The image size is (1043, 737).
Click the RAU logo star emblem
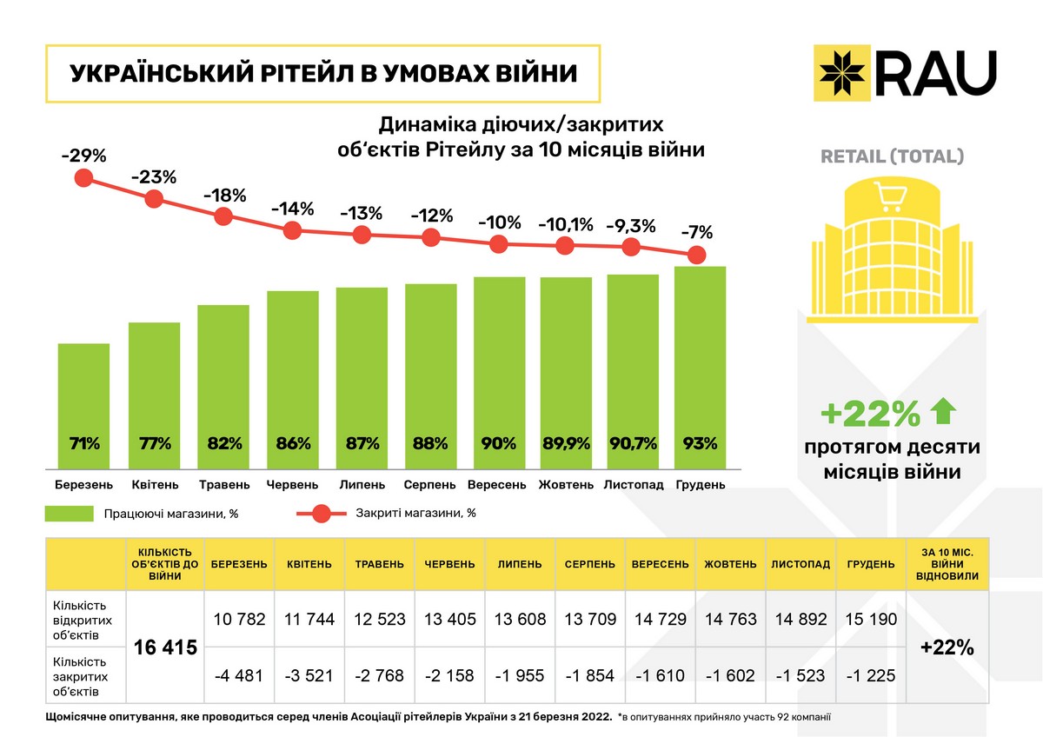click(842, 72)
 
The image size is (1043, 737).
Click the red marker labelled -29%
click(83, 178)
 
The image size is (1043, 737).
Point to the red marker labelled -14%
click(293, 230)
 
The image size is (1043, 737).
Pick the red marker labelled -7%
click(696, 255)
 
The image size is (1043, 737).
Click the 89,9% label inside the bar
click(566, 443)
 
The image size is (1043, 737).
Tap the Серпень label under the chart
click(430, 484)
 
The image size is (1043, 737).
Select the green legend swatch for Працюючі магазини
click(69, 514)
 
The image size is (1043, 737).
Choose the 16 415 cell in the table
click(165, 647)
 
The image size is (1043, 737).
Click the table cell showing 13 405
click(449, 620)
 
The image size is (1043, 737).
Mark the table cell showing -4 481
click(239, 675)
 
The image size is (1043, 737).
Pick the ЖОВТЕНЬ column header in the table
click(730, 564)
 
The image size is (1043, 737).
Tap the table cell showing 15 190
click(870, 620)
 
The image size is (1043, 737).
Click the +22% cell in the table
click(947, 647)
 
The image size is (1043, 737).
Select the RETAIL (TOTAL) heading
click(893, 157)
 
